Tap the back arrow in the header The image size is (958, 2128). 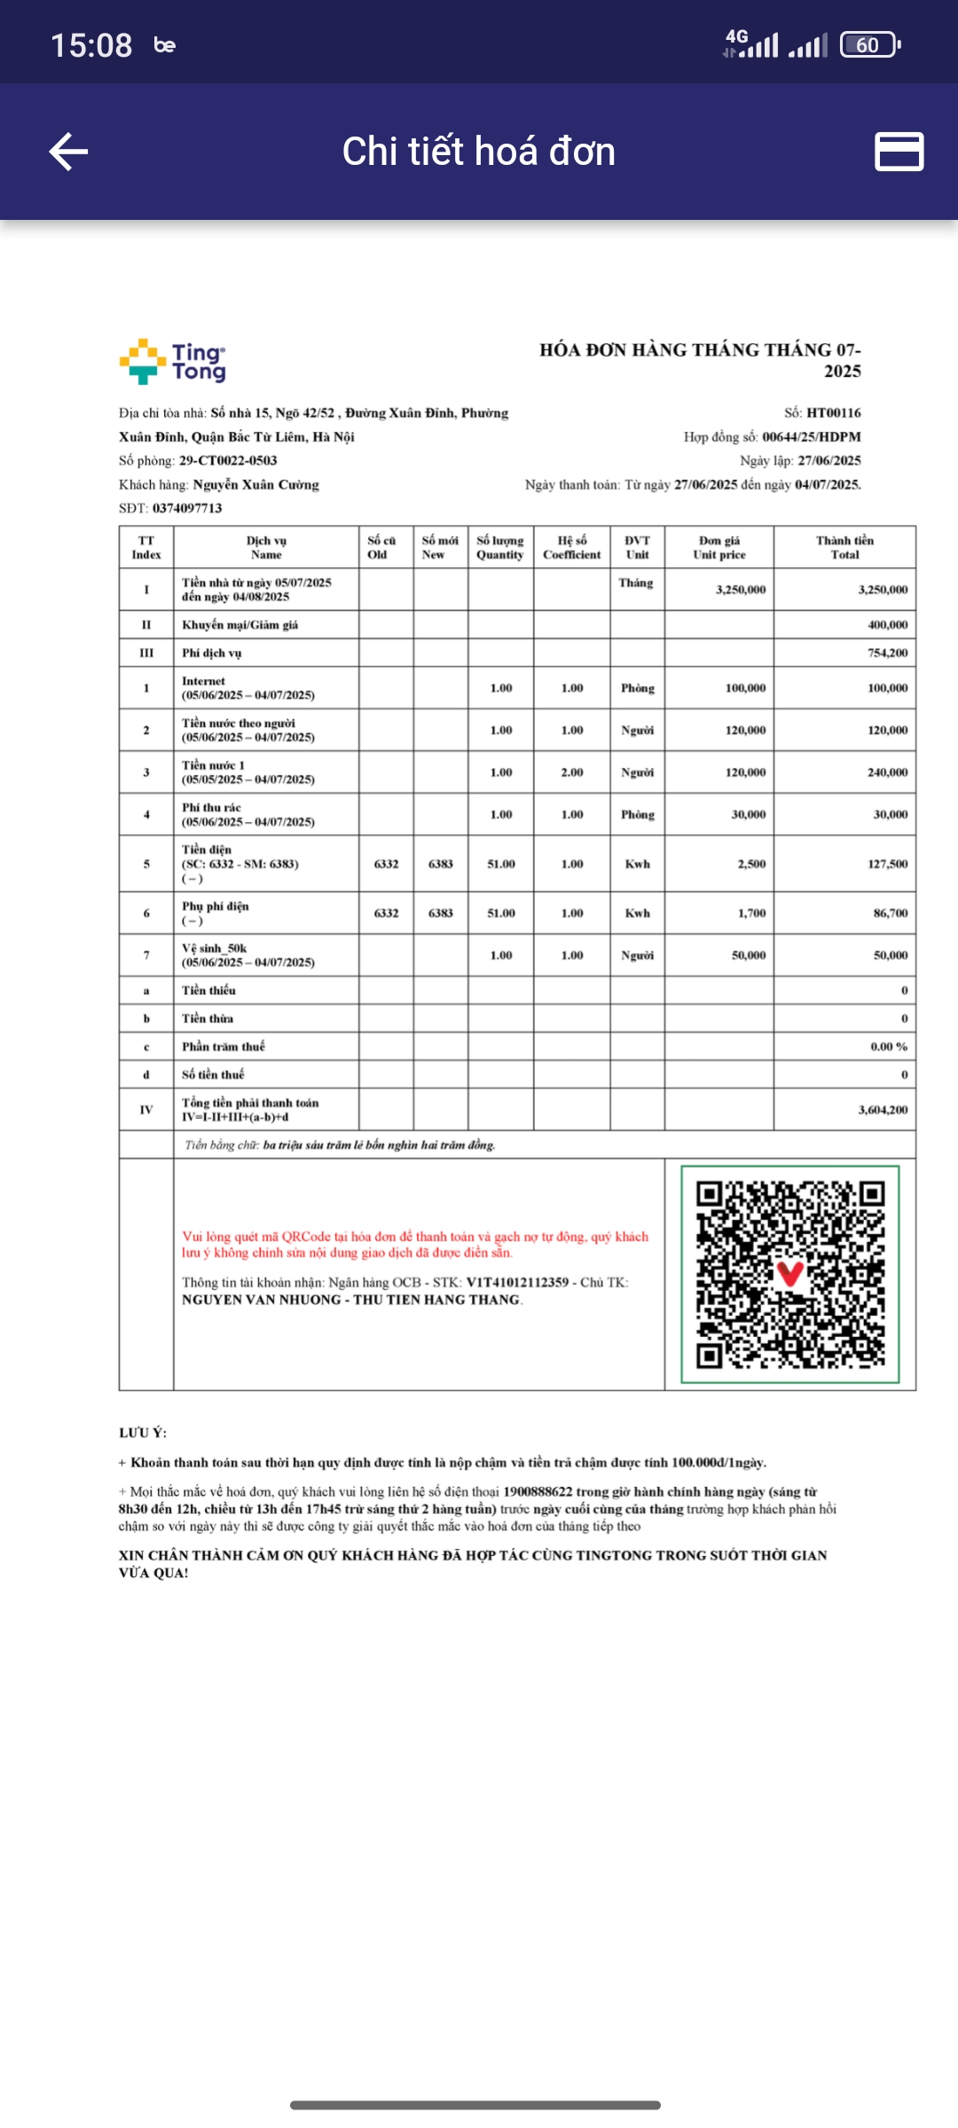(x=68, y=152)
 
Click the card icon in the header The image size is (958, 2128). (x=899, y=152)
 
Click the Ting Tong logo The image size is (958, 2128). (x=173, y=362)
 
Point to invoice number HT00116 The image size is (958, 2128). (x=833, y=413)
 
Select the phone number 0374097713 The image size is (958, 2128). (x=187, y=508)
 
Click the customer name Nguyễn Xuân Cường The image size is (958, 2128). (x=255, y=485)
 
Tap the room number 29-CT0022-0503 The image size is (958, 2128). (x=228, y=461)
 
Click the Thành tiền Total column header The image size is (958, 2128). (x=844, y=547)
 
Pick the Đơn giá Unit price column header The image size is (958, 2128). (x=718, y=547)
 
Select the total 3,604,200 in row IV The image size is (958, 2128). (x=883, y=1110)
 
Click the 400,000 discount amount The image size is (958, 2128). (x=887, y=625)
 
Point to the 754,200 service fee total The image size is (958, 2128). (x=887, y=653)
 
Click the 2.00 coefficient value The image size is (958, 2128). (x=572, y=772)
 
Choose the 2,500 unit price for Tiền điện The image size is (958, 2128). (x=750, y=864)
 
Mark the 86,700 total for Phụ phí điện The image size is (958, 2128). (x=891, y=913)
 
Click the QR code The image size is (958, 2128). (x=789, y=1274)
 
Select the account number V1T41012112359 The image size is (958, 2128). (x=517, y=1283)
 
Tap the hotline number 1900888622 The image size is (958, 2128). (x=538, y=1492)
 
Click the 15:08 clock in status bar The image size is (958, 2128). (x=91, y=45)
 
